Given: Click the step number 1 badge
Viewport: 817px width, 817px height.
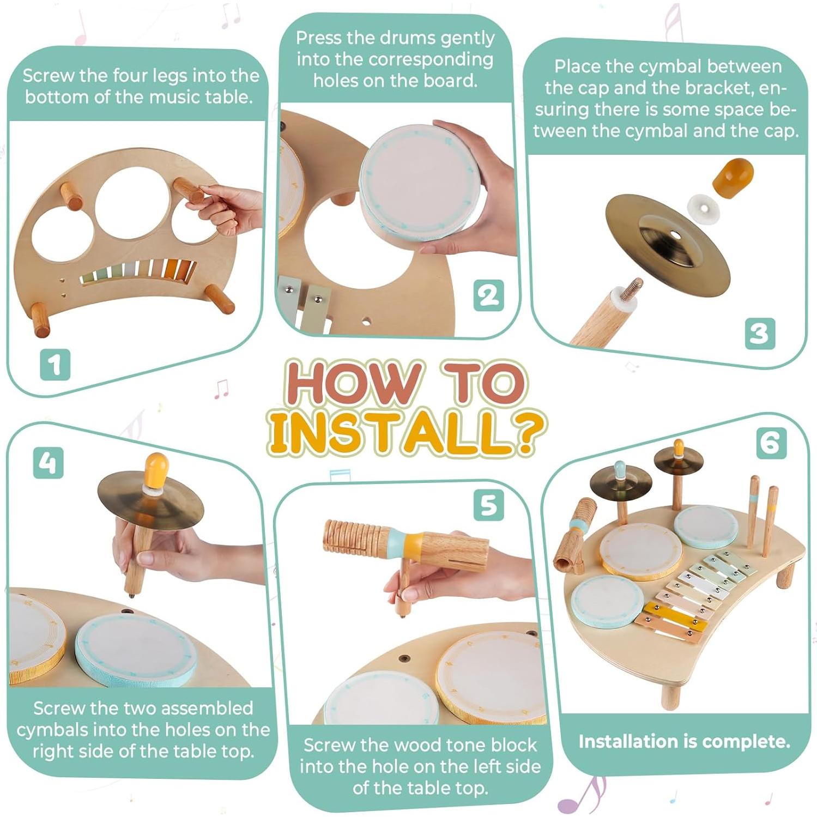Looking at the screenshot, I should pyautogui.click(x=55, y=365).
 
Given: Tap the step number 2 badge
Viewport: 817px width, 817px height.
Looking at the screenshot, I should pyautogui.click(x=488, y=295).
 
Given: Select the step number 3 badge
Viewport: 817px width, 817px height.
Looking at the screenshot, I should pyautogui.click(x=759, y=334).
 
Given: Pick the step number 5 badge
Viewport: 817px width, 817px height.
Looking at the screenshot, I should pyautogui.click(x=488, y=505).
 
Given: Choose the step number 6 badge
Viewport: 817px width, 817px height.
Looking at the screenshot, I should pyautogui.click(x=771, y=443).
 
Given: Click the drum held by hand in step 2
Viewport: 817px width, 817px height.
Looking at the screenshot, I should pyautogui.click(x=420, y=183).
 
